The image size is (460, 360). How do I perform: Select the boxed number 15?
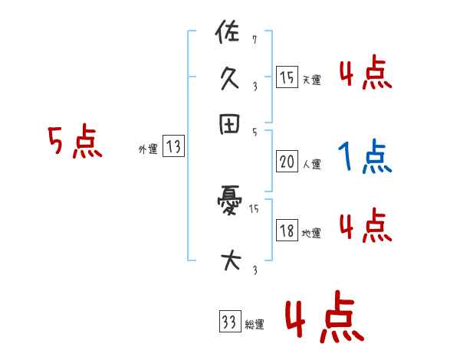[287, 77]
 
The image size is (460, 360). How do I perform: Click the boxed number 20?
[287, 162]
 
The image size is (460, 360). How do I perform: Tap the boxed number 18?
[287, 231]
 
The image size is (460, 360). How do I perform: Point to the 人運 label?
[311, 164]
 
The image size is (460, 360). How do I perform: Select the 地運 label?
[311, 233]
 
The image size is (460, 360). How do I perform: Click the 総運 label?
[255, 325]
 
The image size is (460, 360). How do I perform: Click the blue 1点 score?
[364, 157]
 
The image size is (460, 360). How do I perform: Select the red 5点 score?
[74, 143]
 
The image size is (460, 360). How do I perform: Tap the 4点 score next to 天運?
[365, 74]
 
